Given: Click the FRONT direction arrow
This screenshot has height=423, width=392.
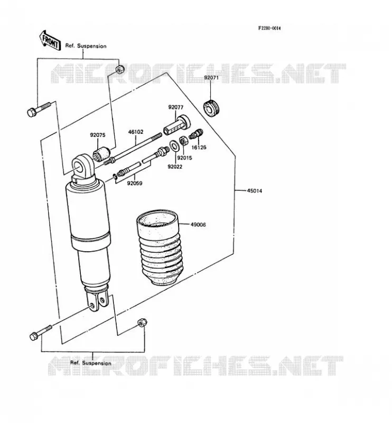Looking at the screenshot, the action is [x=49, y=40].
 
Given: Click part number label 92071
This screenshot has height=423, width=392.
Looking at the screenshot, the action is [x=211, y=78].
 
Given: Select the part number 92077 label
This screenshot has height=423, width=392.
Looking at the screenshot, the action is [x=176, y=107].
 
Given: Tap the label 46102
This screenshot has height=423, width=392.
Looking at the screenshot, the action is [x=136, y=132].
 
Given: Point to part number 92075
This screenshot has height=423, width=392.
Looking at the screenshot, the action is [x=98, y=135].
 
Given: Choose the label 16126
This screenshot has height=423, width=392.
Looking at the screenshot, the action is [x=199, y=148].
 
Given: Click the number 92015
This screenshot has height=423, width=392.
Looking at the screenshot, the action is [x=185, y=158].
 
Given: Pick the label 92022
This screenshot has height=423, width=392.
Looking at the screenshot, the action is [x=175, y=167].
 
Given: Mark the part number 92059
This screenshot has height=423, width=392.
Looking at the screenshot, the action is [x=135, y=183].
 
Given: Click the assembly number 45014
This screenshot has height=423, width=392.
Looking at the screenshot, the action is [x=255, y=191].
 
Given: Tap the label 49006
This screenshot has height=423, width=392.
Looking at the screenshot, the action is [x=198, y=224].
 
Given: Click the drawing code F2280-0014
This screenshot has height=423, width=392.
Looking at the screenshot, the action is [x=269, y=28].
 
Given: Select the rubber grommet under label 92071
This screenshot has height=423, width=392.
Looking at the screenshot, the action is [x=212, y=108].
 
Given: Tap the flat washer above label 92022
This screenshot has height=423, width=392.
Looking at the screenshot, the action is [x=174, y=146].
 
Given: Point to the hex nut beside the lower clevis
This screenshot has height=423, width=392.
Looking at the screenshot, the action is [x=142, y=322].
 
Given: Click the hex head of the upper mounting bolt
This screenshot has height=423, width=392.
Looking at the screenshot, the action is [x=32, y=112].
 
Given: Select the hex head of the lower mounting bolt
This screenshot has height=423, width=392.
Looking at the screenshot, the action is [x=34, y=336].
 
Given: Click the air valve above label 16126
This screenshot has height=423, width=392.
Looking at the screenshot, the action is [x=196, y=134].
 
